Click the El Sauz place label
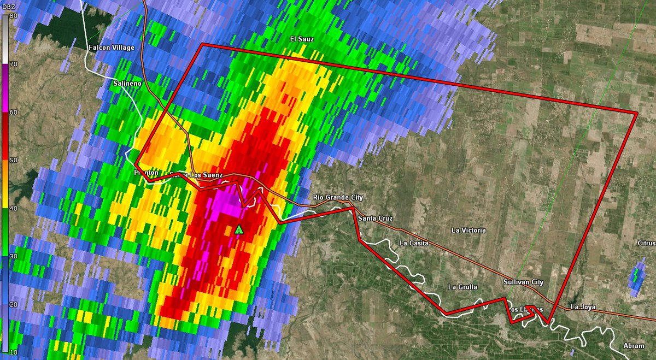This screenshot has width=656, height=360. [302, 39]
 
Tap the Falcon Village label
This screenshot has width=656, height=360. [111, 48]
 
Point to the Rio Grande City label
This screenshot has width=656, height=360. [338, 197]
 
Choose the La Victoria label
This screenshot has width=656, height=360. [468, 231]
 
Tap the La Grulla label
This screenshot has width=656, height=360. [462, 287]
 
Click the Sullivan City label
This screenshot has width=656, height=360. [523, 282]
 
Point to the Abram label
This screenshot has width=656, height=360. [633, 346]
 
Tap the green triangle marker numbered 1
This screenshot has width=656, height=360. [238, 229]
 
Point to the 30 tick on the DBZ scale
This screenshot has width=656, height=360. [12, 256]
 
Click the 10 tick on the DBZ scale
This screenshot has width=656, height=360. [12, 352]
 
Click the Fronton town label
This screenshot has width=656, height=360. [146, 173]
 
